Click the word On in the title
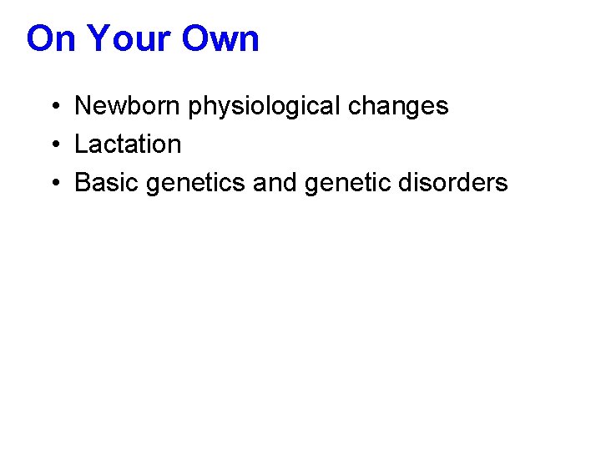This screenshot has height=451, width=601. coord(52,39)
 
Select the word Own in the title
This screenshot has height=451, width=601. coord(224,39)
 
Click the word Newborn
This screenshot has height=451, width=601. coord(128,106)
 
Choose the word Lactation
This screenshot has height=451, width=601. coord(128,144)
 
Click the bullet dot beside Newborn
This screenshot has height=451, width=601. coord(53,107)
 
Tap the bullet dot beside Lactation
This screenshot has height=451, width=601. coord(53,145)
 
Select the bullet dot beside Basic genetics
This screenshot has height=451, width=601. coord(53,184)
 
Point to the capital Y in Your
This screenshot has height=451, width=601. coord(98,39)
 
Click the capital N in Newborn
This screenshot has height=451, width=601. coord(83,106)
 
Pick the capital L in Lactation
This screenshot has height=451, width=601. coord(81,144)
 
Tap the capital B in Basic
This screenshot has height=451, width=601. coord(83,183)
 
